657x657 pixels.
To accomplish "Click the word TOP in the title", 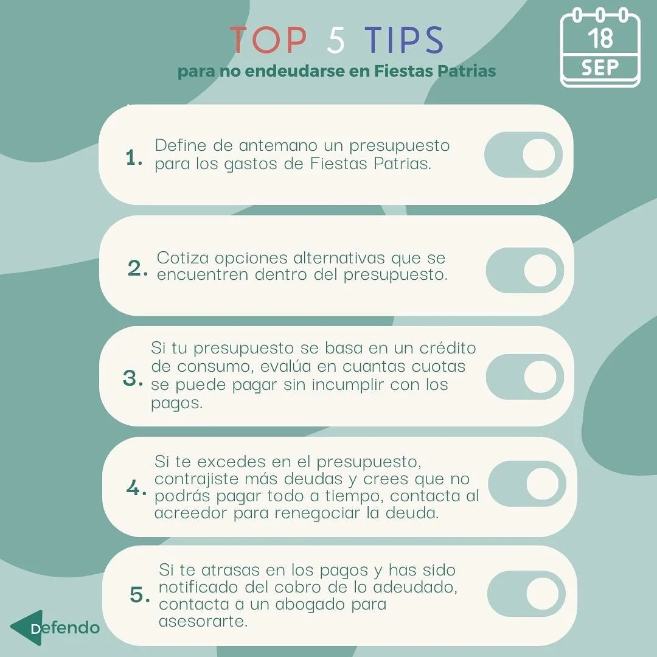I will pos(268,40).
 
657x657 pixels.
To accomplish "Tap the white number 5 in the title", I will pos(336,40).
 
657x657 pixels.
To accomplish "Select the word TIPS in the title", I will pos(404,40).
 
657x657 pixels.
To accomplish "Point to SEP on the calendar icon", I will pos(600,67).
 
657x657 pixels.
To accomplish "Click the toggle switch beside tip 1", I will pos(523,155).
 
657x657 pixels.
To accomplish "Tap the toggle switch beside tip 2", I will pos(525,270).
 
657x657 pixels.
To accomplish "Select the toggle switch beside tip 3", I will pos(525,377).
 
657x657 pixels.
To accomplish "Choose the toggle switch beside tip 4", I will pos(527,484).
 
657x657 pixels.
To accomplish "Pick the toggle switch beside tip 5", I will pos(527,594).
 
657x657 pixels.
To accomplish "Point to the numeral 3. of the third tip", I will pos(133,378).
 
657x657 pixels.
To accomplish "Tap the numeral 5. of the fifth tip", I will pos(139,595).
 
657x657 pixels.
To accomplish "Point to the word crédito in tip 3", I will pos(447,348).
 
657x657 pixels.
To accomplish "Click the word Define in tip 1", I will pos(181,145).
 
